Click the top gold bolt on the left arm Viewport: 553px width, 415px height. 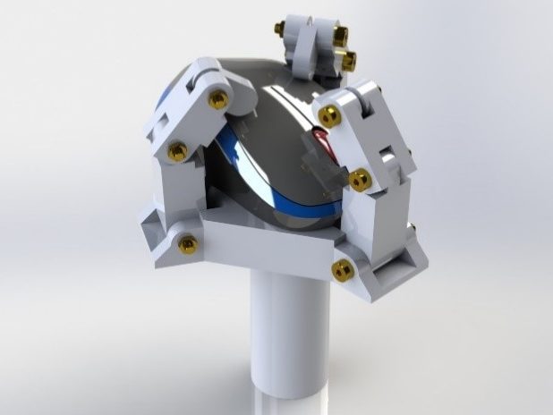217,98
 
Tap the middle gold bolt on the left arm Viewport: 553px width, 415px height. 176,149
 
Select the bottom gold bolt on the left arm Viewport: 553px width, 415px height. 187,242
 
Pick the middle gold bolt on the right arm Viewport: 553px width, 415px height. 360,180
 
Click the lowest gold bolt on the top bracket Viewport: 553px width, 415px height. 347,60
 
